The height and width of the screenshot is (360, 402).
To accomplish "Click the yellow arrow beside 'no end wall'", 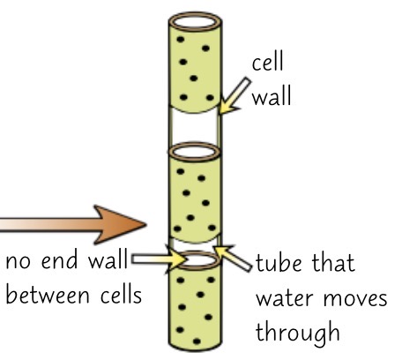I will tap(157, 259).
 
